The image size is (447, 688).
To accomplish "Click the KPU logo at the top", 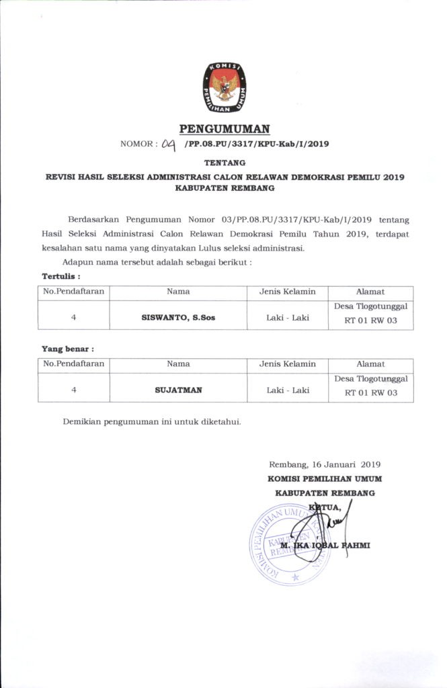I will coord(225,87).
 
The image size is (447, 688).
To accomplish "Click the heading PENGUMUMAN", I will coord(224,128).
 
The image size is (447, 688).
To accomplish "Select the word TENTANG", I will coord(225,163).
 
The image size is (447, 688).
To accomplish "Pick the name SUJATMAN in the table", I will coord(178,389).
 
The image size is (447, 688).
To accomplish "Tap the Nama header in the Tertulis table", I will coord(178,292).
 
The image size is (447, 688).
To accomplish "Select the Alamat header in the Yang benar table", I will coord(370,364).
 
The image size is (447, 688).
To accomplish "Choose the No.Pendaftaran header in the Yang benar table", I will coord(74,364).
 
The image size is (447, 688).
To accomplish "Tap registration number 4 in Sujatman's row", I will coord(73,389).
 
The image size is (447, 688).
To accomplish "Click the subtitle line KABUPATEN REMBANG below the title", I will coord(225,189).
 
